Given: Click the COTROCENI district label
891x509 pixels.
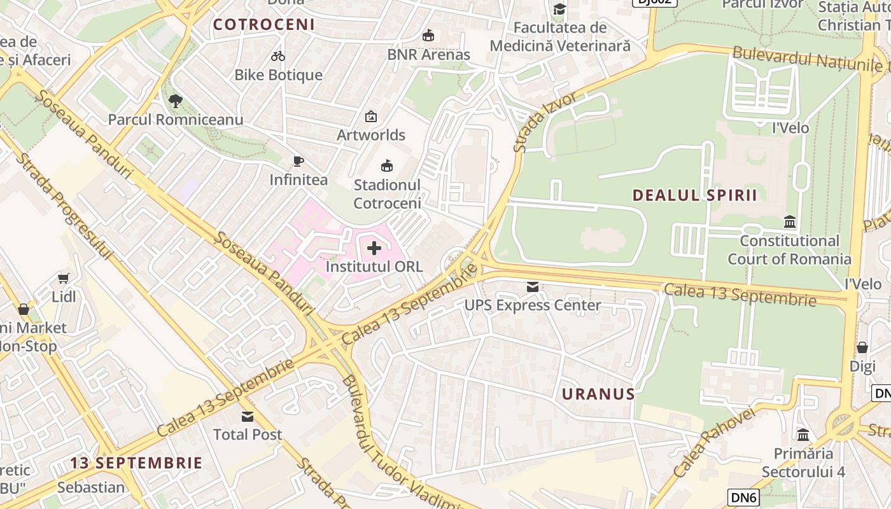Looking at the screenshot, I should click(264, 25).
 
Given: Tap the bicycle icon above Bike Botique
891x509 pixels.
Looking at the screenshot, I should click(278, 56).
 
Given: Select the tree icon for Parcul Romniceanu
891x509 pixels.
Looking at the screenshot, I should click(175, 101).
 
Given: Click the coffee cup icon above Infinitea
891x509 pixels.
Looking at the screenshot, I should click(298, 161).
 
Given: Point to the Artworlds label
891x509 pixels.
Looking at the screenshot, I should click(371, 135).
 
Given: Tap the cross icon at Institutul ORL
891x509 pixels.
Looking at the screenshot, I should click(374, 248).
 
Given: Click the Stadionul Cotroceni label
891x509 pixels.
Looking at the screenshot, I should click(387, 194).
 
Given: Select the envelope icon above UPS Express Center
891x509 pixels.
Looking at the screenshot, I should click(533, 287).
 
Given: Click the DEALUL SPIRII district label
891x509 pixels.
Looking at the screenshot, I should click(695, 195).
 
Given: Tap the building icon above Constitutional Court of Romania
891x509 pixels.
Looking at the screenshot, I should click(790, 222).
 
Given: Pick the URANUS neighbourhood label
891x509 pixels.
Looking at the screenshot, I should click(598, 394).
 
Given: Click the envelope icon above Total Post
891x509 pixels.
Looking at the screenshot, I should click(248, 417).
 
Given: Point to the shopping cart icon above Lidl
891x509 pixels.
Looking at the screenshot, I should click(63, 278).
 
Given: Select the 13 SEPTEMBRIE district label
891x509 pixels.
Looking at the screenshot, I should click(136, 463).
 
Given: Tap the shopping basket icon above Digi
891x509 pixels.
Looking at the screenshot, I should click(862, 347).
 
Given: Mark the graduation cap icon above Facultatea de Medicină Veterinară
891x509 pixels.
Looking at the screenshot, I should click(559, 9).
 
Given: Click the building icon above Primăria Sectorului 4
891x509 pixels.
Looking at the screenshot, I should click(803, 435).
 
